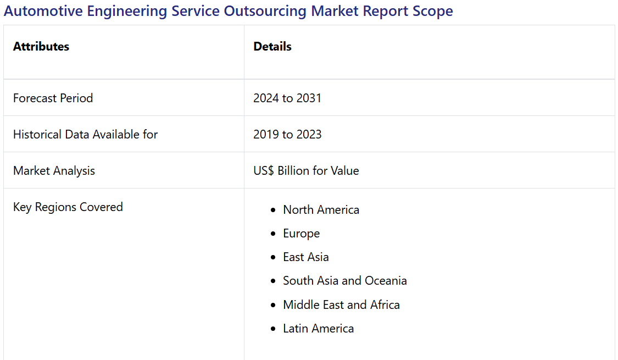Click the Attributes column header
pyautogui.click(x=41, y=47)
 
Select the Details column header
pyautogui.click(x=272, y=47)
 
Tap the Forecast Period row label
pyautogui.click(x=53, y=98)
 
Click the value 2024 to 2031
pyautogui.click(x=287, y=98)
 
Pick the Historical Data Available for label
pyautogui.click(x=85, y=135)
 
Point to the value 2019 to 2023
pyautogui.click(x=287, y=135)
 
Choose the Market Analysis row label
pyautogui.click(x=54, y=171)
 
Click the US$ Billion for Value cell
pyautogui.click(x=306, y=171)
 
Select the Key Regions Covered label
pyautogui.click(x=68, y=207)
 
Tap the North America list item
pyautogui.click(x=321, y=210)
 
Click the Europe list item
pyautogui.click(x=301, y=234)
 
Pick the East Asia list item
pyautogui.click(x=305, y=257)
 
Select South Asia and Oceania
pyautogui.click(x=344, y=281)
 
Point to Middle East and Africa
pyautogui.click(x=341, y=305)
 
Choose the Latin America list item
pyautogui.click(x=318, y=329)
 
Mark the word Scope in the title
pyautogui.click(x=433, y=11)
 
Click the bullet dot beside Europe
pyautogui.click(x=274, y=234)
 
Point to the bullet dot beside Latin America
pyautogui.click(x=274, y=329)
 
